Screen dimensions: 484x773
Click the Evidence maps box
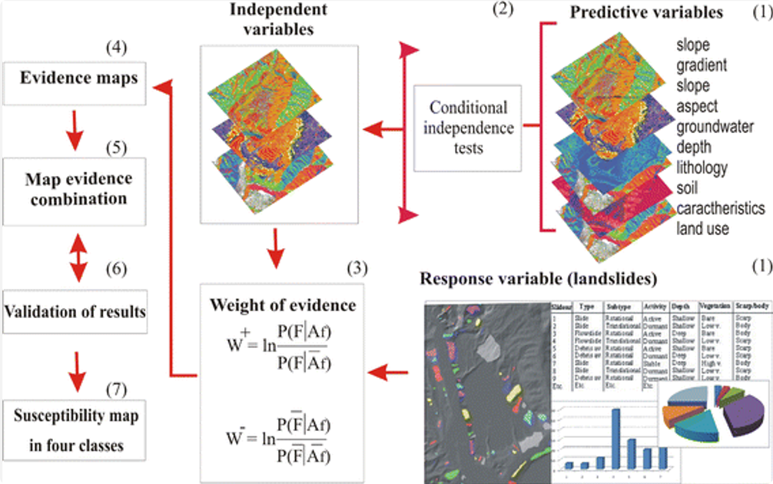pyautogui.click(x=74, y=78)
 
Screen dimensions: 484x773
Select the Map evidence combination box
pyautogui.click(x=75, y=188)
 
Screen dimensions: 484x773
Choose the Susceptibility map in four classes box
pyautogui.click(x=75, y=430)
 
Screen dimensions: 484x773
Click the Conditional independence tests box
pyautogui.click(x=468, y=127)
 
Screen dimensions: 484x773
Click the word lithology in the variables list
pyautogui.click(x=702, y=167)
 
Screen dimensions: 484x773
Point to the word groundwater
pyautogui.click(x=715, y=127)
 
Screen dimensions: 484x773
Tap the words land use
pyautogui.click(x=704, y=228)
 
